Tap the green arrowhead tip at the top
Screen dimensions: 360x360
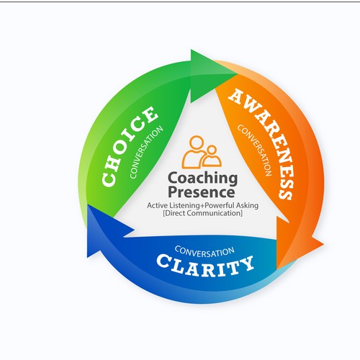coord(229,63)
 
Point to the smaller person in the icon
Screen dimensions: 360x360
coord(210,156)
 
